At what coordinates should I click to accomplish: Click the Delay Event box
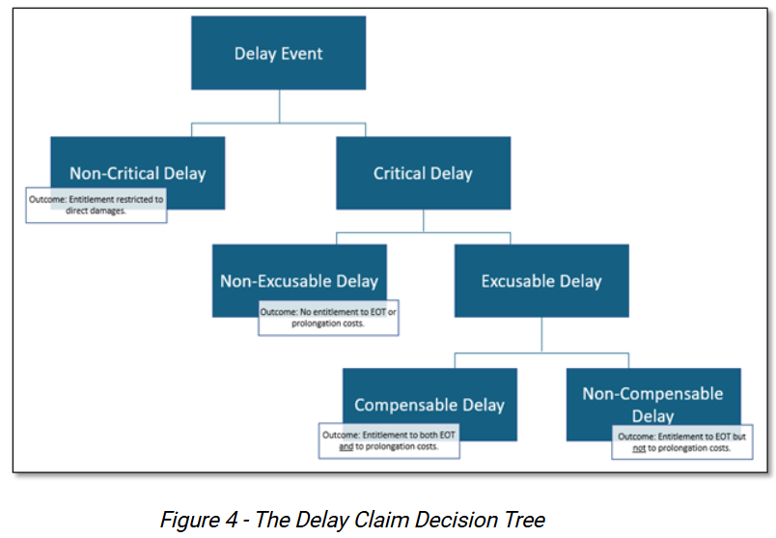pos(279,53)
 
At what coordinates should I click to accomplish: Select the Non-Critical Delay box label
pos(137,173)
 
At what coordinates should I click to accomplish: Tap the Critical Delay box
pos(423,174)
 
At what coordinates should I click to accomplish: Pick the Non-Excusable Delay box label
pos(299,281)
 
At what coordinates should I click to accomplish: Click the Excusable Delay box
pos(541,281)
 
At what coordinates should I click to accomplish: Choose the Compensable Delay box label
pos(430,405)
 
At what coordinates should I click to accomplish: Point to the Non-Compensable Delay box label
pos(652,404)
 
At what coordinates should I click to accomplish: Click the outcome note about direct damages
pos(96,204)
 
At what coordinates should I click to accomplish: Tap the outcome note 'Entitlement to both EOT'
pos(390,441)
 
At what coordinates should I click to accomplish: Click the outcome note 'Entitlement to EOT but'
pos(681,442)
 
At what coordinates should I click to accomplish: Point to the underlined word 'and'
pos(346,447)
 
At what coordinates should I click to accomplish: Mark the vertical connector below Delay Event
pos(279,106)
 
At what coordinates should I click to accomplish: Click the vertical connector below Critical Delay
pos(423,220)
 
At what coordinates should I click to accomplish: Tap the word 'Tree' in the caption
pos(522,520)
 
